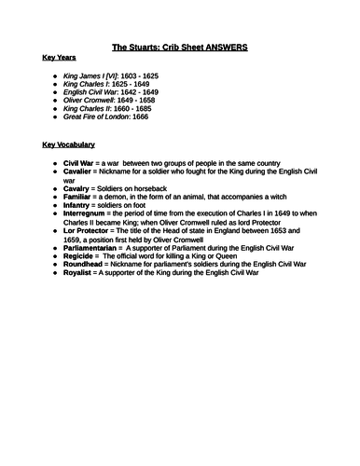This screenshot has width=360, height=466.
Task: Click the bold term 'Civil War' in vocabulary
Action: click(81, 163)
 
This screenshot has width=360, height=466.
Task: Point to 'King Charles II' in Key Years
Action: click(90, 108)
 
